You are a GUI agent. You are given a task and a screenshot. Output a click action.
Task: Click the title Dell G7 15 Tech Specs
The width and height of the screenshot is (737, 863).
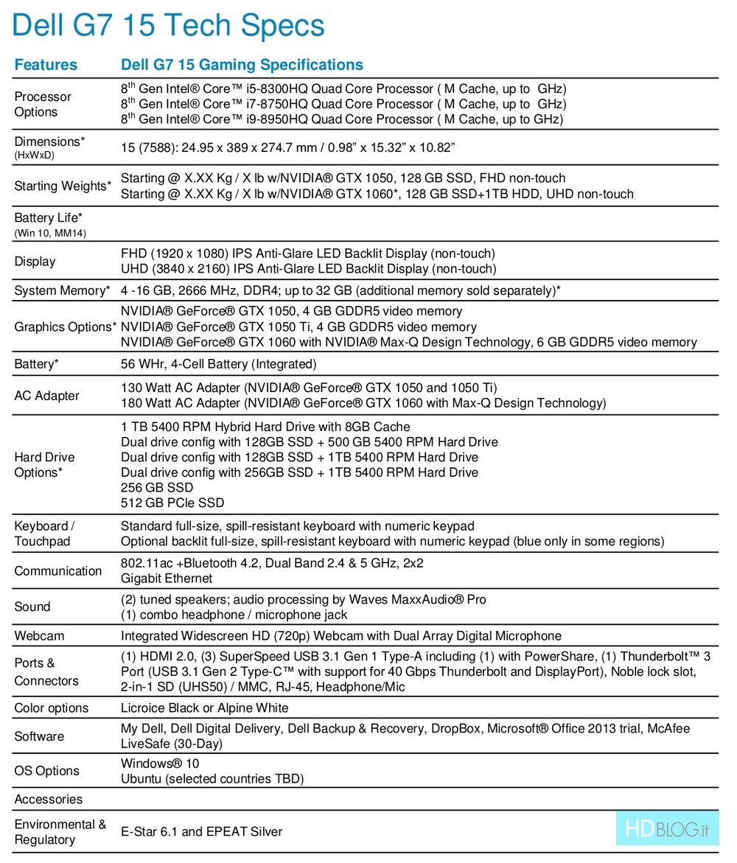[x=168, y=26]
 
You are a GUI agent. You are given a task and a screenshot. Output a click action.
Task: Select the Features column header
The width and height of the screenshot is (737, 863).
[x=46, y=65]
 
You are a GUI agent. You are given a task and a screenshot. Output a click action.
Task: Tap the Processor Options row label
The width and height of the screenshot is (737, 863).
[x=43, y=104]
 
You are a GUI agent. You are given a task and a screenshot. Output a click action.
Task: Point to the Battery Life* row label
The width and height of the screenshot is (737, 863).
[x=48, y=218]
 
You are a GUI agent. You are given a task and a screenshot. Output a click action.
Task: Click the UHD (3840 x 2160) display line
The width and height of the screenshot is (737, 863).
[x=307, y=269]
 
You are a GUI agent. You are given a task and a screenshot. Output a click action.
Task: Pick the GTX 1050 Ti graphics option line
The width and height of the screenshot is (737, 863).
[x=298, y=326]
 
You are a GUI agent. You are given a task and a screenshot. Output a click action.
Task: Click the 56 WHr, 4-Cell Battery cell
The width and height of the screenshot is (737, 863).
[x=218, y=364]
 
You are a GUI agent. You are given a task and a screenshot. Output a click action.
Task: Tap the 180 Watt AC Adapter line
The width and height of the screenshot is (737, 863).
[x=363, y=403]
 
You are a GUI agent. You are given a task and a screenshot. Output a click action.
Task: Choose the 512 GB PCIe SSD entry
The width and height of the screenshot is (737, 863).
[x=172, y=503]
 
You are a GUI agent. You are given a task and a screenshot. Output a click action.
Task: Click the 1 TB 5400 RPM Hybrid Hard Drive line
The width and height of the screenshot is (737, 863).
[x=265, y=427]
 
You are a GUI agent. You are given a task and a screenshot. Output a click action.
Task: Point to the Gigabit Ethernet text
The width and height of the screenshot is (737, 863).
[x=167, y=579]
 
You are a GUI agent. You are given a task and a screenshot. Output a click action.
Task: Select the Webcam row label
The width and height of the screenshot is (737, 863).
[x=39, y=635]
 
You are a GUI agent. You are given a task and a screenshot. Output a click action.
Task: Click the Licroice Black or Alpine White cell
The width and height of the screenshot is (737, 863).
[x=204, y=708]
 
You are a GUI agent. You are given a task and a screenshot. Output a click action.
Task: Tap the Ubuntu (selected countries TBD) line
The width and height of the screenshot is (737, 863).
[x=212, y=778]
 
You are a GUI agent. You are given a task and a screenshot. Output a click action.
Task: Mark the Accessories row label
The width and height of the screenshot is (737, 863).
[x=49, y=799]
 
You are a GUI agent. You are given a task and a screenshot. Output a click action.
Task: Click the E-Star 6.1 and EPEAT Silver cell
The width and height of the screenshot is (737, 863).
[x=201, y=831]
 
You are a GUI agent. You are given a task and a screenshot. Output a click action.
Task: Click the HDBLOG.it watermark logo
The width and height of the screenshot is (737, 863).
[x=667, y=829]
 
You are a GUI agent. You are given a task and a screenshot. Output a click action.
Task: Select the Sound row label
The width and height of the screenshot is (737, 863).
[x=32, y=607]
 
